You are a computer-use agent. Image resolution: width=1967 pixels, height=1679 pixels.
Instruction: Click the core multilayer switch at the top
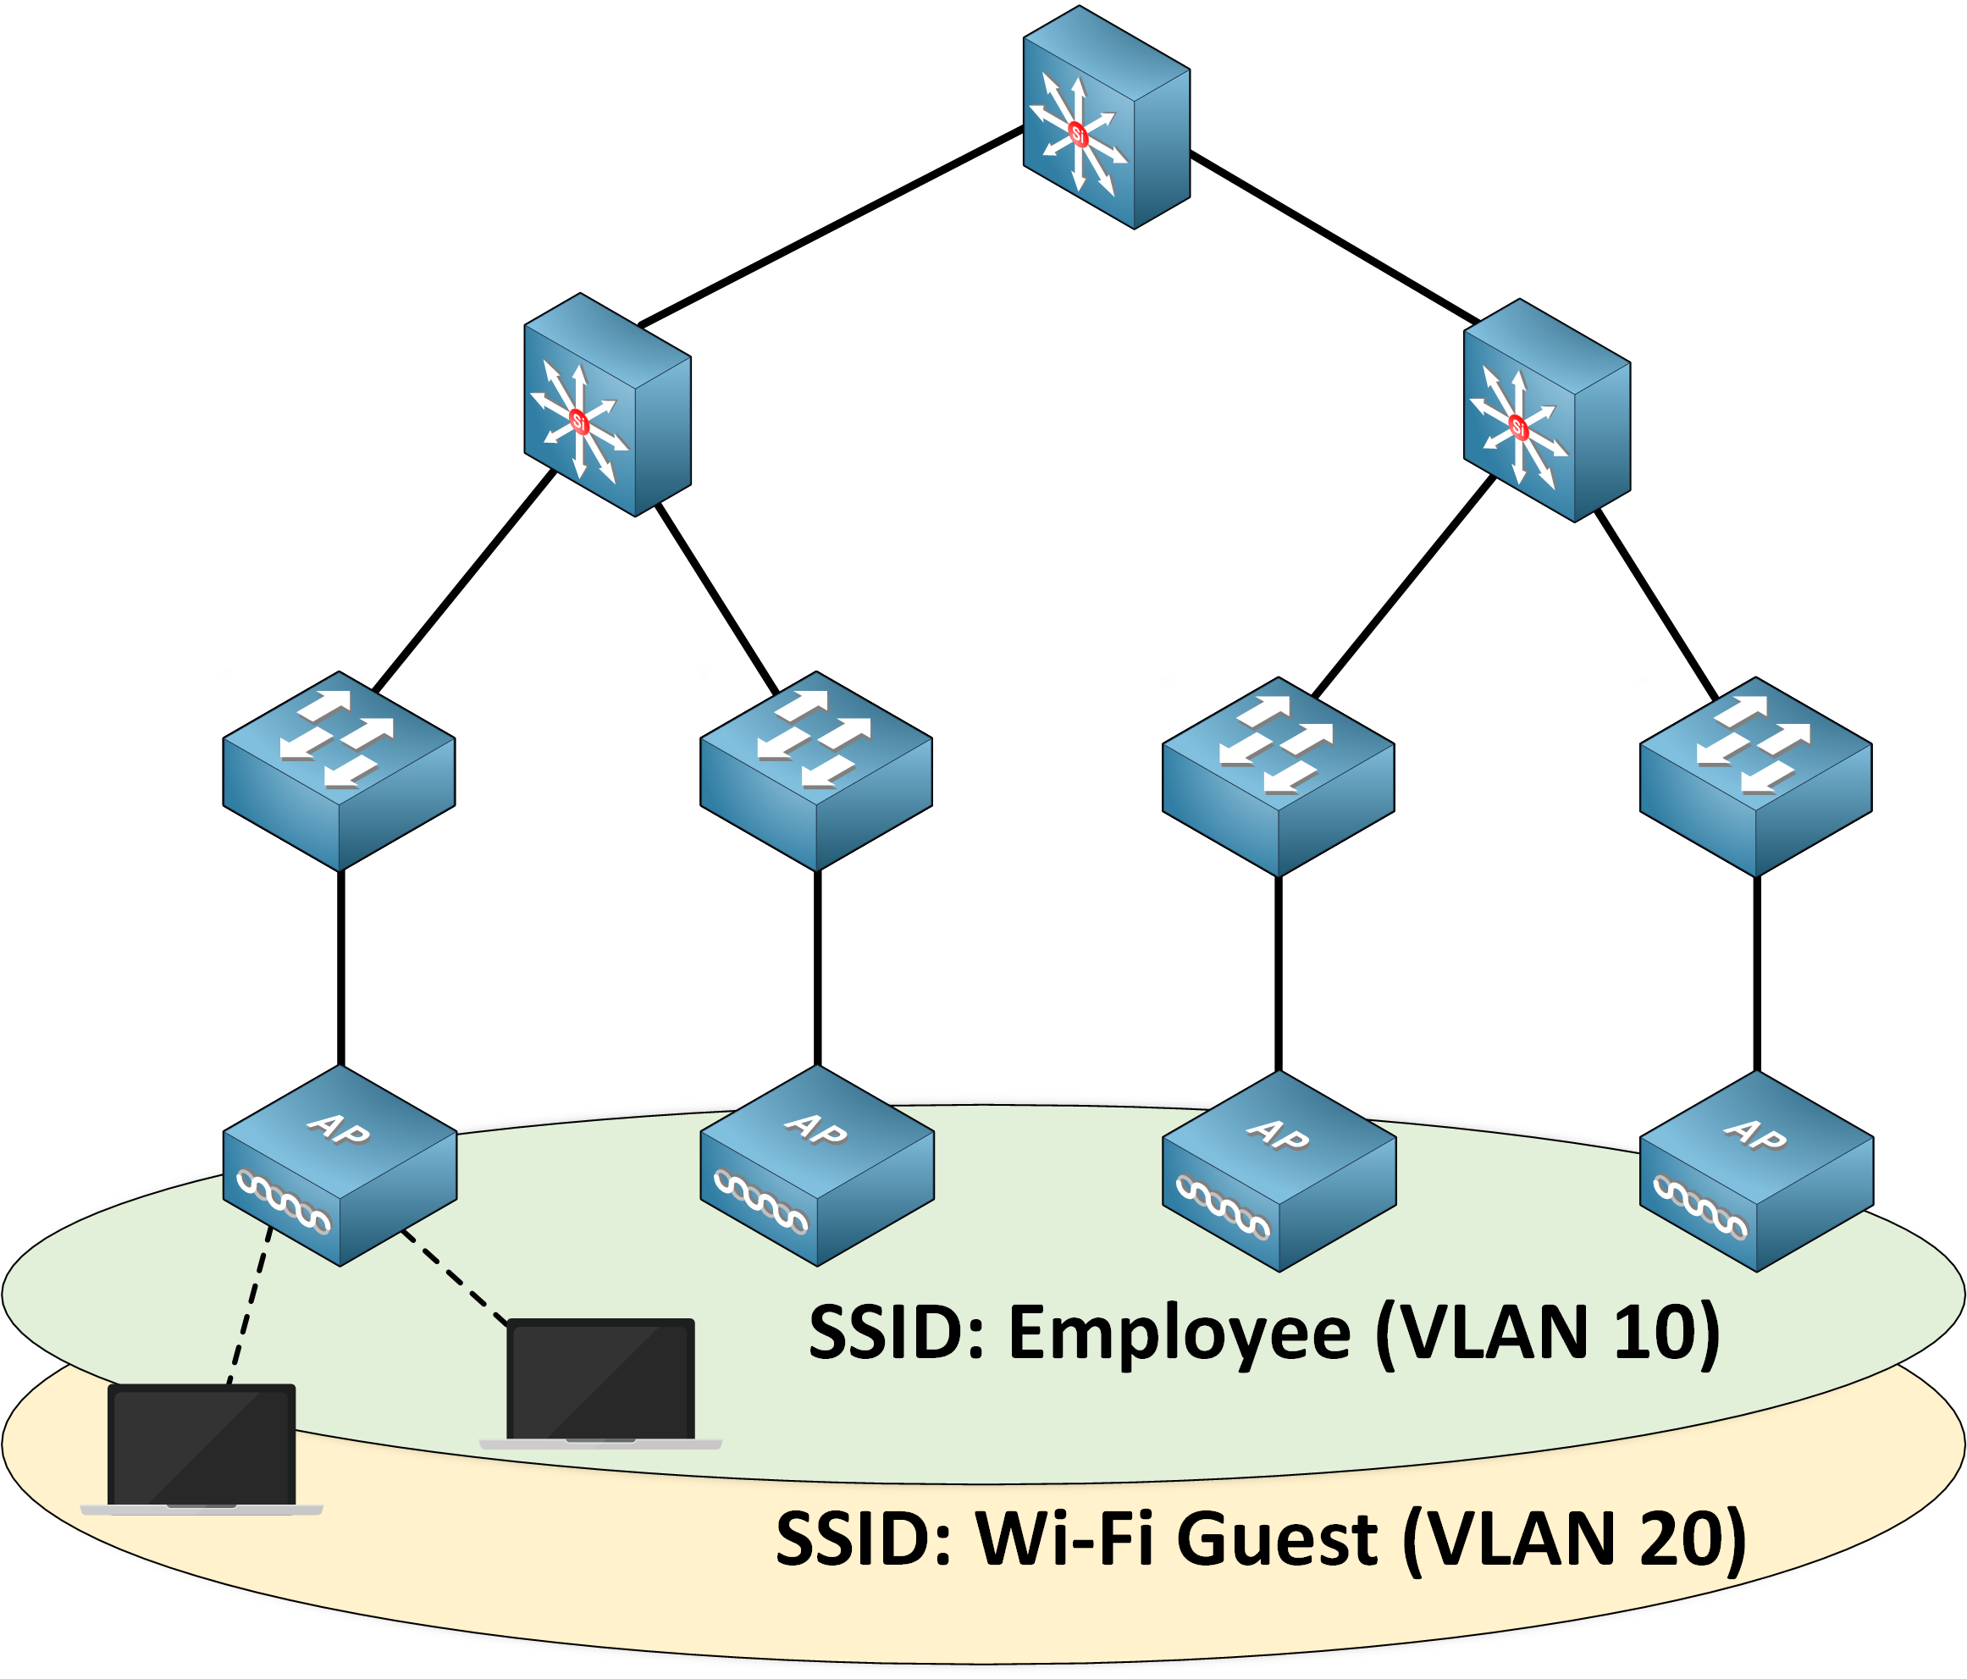click(x=1106, y=118)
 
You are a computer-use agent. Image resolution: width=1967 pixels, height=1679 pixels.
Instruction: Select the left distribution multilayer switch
click(x=608, y=406)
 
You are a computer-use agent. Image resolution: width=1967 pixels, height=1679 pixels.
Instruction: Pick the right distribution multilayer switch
click(x=1546, y=411)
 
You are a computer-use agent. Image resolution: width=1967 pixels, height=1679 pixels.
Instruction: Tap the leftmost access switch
click(x=339, y=770)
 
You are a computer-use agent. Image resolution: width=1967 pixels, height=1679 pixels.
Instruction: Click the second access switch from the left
click(x=815, y=770)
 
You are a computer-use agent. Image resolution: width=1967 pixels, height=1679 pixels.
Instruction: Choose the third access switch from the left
click(x=1278, y=776)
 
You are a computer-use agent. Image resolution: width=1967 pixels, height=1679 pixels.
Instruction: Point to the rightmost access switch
click(x=1755, y=776)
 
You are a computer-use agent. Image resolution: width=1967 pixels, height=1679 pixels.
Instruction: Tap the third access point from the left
click(x=1279, y=1170)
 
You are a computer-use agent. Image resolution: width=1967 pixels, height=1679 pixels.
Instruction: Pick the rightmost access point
click(x=1756, y=1170)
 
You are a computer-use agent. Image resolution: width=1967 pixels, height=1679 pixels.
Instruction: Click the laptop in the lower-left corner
click(x=202, y=1447)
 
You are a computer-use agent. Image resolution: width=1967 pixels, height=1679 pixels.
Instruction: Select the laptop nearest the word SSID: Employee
click(x=600, y=1382)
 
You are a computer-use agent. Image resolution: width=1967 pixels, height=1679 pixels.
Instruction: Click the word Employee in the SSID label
click(x=1178, y=1334)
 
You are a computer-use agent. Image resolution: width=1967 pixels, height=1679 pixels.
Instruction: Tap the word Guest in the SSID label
click(x=1277, y=1538)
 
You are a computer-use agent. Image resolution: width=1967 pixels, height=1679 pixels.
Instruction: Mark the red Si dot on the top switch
click(x=1077, y=133)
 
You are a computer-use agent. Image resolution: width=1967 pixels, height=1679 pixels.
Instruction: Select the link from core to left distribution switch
click(x=831, y=228)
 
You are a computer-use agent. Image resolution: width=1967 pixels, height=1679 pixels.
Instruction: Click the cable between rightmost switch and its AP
click(x=1756, y=973)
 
